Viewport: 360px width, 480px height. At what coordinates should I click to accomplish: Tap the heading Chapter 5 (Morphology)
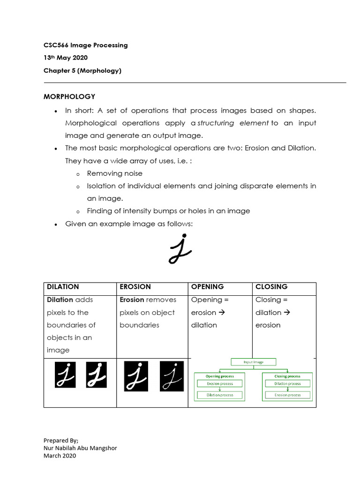click(x=82, y=71)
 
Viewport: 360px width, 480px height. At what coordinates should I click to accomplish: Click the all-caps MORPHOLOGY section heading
click(x=69, y=97)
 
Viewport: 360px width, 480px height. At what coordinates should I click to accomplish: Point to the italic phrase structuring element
click(x=233, y=123)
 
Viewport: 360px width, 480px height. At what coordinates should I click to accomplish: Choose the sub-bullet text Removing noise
click(x=114, y=173)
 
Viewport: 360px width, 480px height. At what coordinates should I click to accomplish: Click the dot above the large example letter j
click(x=184, y=235)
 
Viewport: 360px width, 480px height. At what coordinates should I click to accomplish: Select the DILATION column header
click(x=63, y=287)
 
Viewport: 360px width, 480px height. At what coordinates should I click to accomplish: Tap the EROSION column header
click(x=135, y=287)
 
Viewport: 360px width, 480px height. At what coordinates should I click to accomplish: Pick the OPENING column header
click(x=208, y=287)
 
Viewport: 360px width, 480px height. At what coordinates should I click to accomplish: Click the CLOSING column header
click(x=272, y=287)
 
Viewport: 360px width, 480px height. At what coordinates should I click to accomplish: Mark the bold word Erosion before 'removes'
click(x=132, y=300)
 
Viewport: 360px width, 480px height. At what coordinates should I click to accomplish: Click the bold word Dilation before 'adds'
click(x=60, y=300)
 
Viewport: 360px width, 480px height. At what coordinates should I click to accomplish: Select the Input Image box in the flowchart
click(x=253, y=362)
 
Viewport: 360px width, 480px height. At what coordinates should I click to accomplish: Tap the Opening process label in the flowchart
click(x=220, y=376)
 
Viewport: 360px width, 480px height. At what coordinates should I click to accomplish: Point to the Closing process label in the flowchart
click(x=287, y=376)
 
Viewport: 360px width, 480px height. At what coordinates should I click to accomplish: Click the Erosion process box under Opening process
click(x=220, y=383)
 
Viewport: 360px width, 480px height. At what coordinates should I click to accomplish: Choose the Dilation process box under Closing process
click(x=287, y=383)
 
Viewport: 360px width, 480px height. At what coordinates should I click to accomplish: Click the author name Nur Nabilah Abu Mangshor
click(x=80, y=448)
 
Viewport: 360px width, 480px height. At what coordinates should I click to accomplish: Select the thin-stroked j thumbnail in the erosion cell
click(x=171, y=376)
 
